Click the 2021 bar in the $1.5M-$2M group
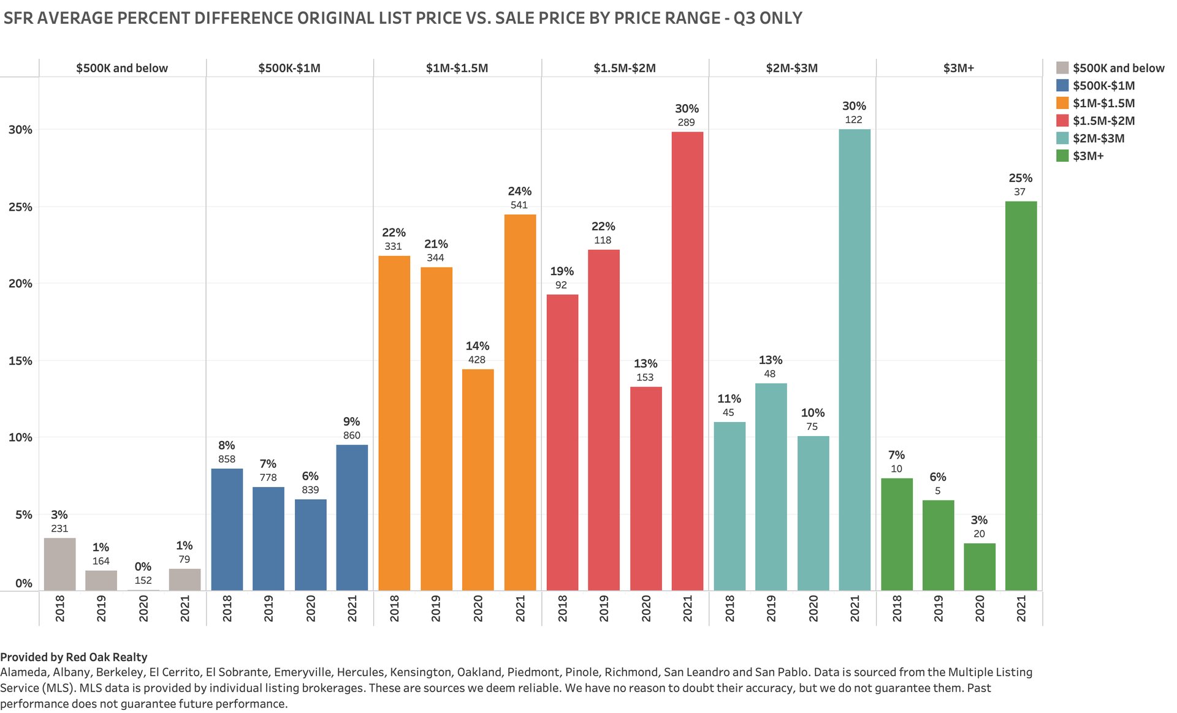tap(687, 361)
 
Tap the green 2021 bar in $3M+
tap(1021, 396)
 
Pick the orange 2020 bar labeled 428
tap(478, 480)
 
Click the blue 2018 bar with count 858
tap(227, 529)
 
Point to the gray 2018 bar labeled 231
tap(59, 564)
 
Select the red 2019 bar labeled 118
tap(603, 420)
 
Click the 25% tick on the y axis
tap(20, 207)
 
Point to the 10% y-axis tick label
tap(20, 437)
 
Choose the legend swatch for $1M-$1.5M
tap(1062, 104)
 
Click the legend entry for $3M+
tap(1087, 156)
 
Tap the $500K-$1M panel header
tap(289, 68)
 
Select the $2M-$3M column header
tap(791, 68)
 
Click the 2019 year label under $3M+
tap(938, 608)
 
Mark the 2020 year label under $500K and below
tap(143, 608)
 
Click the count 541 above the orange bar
tap(519, 205)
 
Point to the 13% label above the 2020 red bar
tap(646, 364)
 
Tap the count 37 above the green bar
tap(1019, 192)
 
